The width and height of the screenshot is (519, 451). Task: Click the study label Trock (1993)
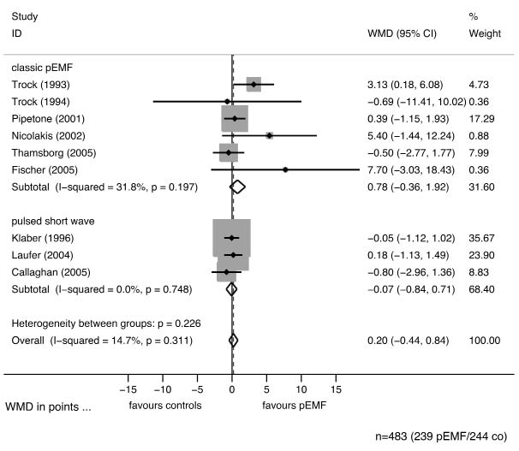40,85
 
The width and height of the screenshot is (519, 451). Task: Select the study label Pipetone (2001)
45,118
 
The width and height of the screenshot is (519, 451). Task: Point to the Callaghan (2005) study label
48,272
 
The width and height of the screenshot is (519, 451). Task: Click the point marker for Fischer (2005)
285,169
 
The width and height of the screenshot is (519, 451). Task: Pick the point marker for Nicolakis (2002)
270,135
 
